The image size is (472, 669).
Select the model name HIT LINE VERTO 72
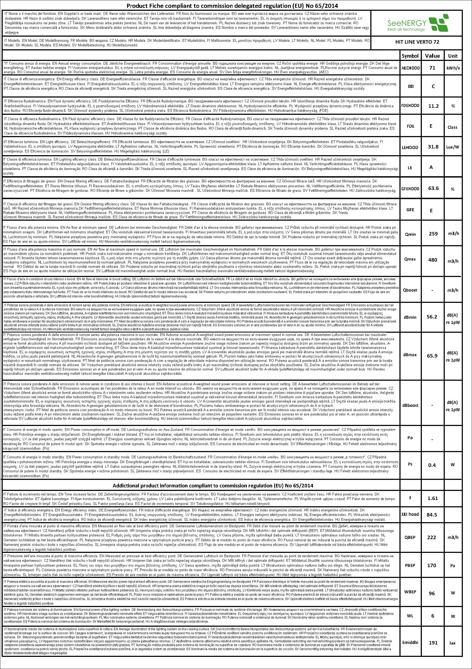coord(417,42)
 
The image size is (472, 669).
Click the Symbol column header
coord(410,56)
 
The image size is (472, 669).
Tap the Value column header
coord(432,56)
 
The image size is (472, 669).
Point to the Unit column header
coord(453,56)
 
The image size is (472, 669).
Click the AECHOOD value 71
coord(432,68)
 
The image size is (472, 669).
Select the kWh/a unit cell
coord(453,68)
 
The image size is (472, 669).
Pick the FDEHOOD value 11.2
coord(433,106)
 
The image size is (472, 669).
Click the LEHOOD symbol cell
coord(410,147)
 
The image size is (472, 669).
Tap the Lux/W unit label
coord(453,147)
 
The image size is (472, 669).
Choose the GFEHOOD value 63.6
coord(433,188)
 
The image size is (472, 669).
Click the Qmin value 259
coord(433,234)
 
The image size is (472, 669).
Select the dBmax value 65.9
coord(432,356)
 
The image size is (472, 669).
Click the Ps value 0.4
coord(432,465)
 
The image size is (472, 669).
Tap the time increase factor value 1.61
coord(433,498)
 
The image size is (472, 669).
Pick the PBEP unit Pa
coord(453,566)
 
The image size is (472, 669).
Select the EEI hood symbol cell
coord(410,514)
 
